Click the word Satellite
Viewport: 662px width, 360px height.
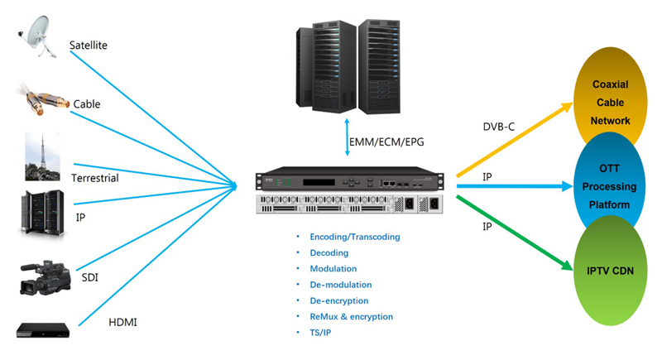[x=89, y=45]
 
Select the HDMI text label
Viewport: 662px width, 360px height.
[x=124, y=322]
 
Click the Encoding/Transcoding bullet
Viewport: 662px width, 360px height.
[x=354, y=237]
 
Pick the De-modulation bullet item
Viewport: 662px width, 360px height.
[x=338, y=285]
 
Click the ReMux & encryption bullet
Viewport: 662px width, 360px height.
[x=351, y=316]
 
